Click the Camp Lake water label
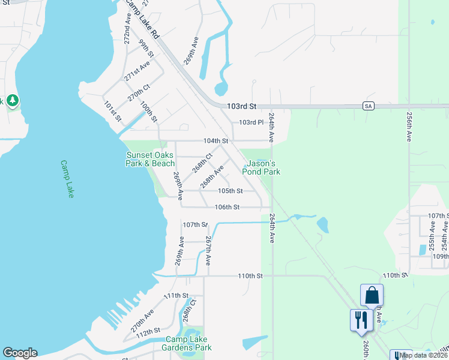click(67, 179)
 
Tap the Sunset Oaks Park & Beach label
click(150, 159)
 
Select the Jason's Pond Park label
click(261, 167)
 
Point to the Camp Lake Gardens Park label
click(188, 343)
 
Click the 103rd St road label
click(241, 106)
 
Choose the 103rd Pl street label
click(252, 122)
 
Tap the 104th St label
click(216, 141)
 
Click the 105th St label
click(230, 191)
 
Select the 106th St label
click(228, 207)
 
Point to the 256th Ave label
click(409, 128)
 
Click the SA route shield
click(369, 106)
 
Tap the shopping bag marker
click(372, 295)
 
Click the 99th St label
click(146, 49)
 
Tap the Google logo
click(20, 353)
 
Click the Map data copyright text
click(423, 355)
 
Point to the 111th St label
click(176, 296)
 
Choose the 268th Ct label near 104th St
click(203, 163)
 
